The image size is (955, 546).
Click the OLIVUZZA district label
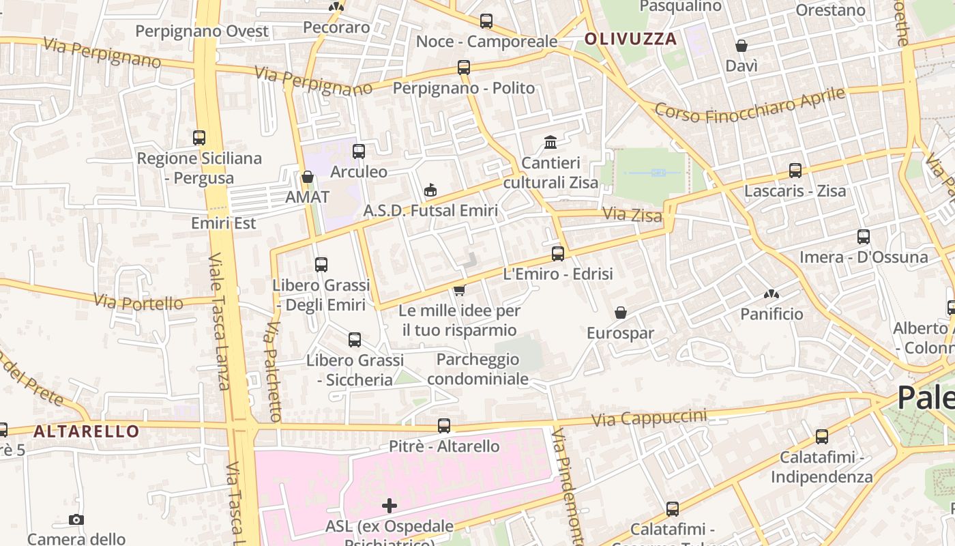631,39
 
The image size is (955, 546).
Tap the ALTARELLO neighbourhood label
86,431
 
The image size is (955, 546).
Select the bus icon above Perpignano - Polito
464,68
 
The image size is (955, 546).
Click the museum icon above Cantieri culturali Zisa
550,142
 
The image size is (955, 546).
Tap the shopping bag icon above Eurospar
621,313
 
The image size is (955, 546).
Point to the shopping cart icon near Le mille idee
460,290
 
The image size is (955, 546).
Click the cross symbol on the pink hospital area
390,506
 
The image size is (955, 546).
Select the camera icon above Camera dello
76,519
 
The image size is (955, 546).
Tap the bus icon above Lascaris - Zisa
795,171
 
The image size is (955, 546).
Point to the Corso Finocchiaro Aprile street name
750,105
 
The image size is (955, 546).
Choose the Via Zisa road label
632,215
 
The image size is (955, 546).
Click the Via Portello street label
138,302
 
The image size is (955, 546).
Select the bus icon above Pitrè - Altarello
444,426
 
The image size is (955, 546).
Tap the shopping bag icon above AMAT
308,177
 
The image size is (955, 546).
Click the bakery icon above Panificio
772,294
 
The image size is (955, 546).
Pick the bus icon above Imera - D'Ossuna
864,237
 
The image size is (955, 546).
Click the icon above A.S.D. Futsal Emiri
430,190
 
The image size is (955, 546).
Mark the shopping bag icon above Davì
741,46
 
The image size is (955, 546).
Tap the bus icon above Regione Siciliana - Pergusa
199,138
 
